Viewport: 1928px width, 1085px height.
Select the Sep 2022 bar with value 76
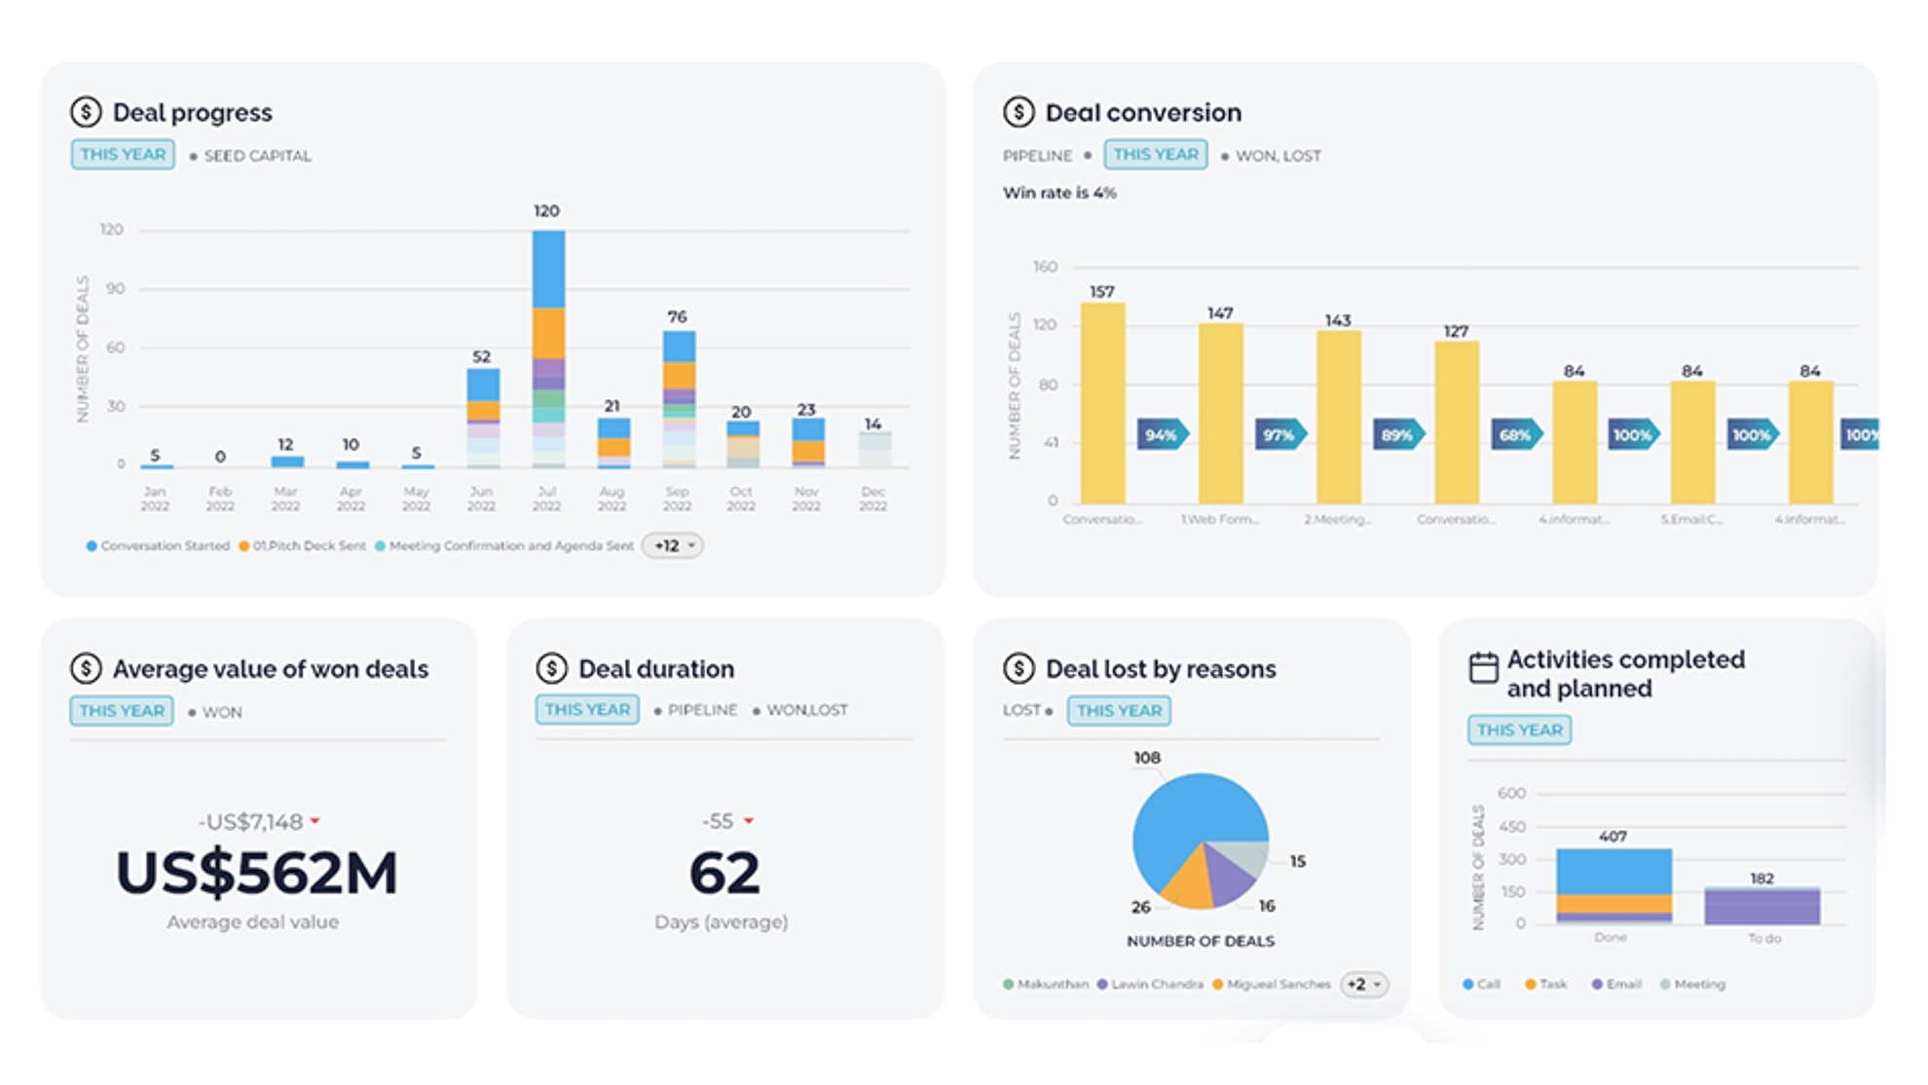coord(679,399)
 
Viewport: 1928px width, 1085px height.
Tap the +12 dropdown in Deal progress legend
coord(673,545)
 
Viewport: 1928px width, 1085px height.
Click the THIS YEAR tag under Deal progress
coord(123,155)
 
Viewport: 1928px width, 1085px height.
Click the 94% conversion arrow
coord(1163,434)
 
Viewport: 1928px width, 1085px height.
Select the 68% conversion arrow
coord(1516,434)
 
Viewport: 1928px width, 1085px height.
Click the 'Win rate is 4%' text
coord(1059,193)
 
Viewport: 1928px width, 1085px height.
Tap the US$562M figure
coord(257,873)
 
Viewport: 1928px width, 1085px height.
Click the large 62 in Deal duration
coord(724,873)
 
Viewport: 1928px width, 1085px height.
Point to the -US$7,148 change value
coord(251,822)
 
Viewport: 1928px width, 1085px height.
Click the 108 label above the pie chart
coord(1147,758)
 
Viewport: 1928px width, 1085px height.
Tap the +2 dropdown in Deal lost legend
coord(1363,985)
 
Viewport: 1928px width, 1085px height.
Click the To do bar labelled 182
coord(1761,906)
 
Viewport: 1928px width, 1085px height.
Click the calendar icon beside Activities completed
coord(1483,668)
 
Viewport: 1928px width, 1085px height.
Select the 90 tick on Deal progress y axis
coord(116,288)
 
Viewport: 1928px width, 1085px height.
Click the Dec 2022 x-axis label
coord(872,499)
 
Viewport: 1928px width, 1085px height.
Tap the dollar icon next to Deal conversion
coord(1019,112)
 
